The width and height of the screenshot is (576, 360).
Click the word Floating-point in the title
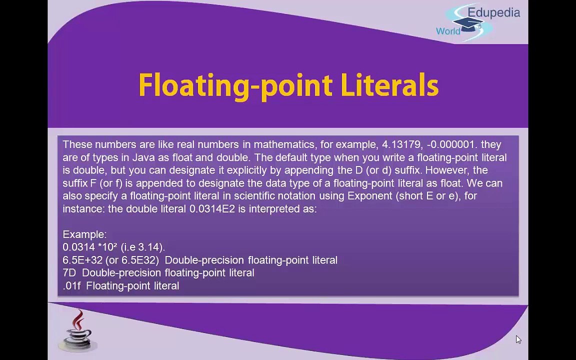(x=235, y=85)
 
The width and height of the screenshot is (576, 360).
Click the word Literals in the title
(x=389, y=85)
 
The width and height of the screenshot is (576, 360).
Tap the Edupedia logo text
(x=493, y=12)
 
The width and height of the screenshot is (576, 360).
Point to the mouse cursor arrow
(x=517, y=339)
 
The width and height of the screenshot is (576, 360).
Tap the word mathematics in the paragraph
(x=283, y=144)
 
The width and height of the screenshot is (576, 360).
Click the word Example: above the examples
(x=84, y=234)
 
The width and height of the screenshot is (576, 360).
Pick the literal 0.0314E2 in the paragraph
(x=211, y=209)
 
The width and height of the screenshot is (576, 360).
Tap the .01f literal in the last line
(x=71, y=286)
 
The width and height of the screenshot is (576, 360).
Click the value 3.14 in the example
(x=149, y=247)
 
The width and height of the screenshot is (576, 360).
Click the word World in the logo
(x=448, y=31)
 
